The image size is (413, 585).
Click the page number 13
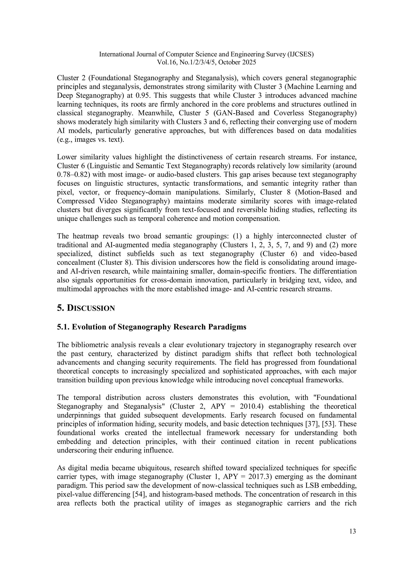pyautogui.click(x=353, y=531)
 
